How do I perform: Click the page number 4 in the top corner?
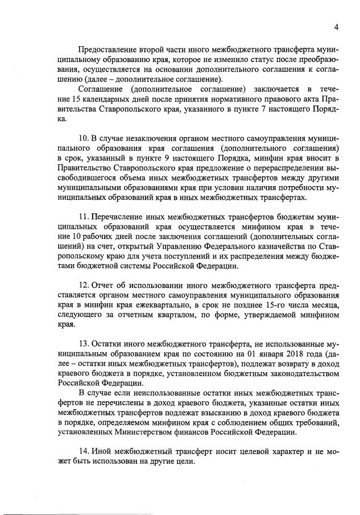pyautogui.click(x=336, y=27)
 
